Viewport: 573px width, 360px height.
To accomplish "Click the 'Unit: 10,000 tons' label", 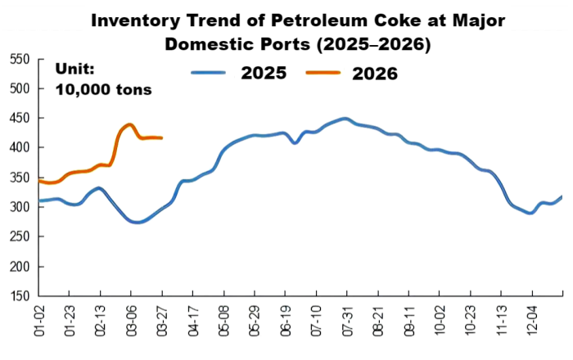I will [103, 79].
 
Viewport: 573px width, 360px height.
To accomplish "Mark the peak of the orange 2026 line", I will [129, 124].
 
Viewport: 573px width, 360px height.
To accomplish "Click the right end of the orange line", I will [161, 138].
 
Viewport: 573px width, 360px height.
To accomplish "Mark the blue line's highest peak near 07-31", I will [345, 119].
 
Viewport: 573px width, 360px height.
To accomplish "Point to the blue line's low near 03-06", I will [137, 222].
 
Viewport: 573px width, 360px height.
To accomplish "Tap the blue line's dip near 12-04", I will [530, 213].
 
